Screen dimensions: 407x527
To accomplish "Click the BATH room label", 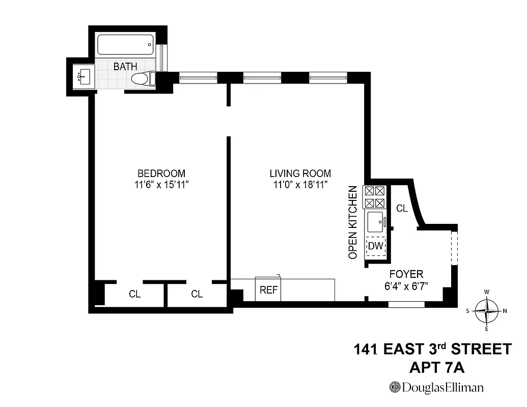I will (x=125, y=67).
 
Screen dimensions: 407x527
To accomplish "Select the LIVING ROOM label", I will (x=300, y=173).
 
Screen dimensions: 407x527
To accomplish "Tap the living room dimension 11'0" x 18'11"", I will (x=300, y=185).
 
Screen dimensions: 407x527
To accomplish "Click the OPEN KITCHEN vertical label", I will (x=352, y=223).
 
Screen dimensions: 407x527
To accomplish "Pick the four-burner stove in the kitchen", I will (x=375, y=197).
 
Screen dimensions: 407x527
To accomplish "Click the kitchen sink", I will (x=376, y=222).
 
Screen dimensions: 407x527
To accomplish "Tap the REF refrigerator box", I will (x=268, y=290).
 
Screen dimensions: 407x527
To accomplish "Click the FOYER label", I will (x=406, y=275).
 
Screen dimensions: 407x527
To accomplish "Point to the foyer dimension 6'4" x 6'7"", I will (x=406, y=286).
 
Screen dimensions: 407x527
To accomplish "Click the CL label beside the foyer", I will (x=402, y=208).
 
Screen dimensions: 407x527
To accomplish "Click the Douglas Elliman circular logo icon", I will (x=395, y=387).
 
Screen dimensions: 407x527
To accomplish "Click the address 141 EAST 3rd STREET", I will (x=432, y=350).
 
